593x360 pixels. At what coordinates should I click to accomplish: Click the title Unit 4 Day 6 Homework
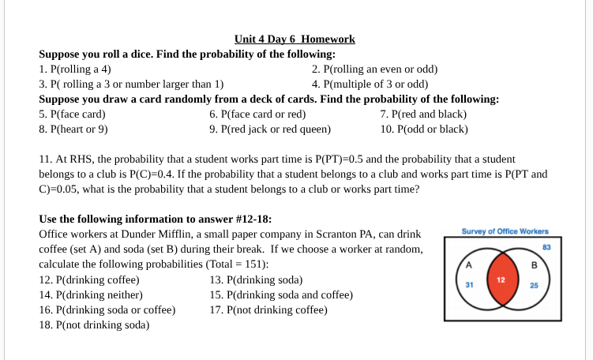tap(295, 39)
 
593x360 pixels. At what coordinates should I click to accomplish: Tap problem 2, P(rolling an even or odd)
tap(374, 69)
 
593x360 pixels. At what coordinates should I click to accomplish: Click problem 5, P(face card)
tap(73, 114)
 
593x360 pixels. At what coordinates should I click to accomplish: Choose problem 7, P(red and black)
tap(422, 114)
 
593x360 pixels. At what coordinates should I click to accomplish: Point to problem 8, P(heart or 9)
tap(73, 129)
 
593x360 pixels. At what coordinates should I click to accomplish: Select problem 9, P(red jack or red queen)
tap(270, 129)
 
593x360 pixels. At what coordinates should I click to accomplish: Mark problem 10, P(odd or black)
tap(424, 129)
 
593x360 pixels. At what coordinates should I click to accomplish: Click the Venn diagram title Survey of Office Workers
tap(505, 231)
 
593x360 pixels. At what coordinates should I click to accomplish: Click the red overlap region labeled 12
tap(500, 280)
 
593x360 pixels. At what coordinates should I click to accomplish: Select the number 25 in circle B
tap(533, 286)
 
